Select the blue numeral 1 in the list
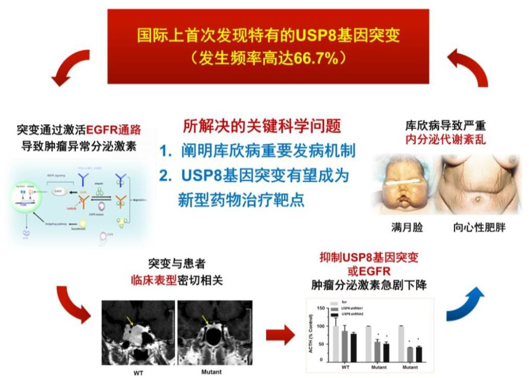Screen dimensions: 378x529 point(165,152)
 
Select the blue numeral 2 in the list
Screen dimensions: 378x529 point(165,176)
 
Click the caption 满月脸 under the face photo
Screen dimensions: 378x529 point(408,228)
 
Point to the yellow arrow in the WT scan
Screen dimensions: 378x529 point(129,321)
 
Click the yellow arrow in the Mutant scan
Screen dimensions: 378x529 point(205,321)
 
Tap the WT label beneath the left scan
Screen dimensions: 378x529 point(138,372)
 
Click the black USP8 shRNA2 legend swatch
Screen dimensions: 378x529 point(333,314)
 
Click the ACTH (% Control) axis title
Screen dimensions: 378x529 point(312,334)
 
